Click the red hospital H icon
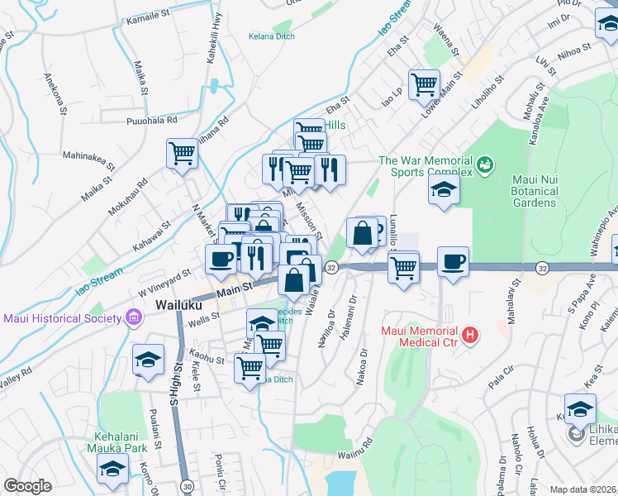coord(470,335)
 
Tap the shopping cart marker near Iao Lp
coord(424,83)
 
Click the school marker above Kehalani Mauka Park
coord(111,470)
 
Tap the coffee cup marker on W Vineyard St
coord(221,259)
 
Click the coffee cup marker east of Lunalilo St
coord(453,262)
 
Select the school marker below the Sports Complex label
coord(444,190)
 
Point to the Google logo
coord(27,486)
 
